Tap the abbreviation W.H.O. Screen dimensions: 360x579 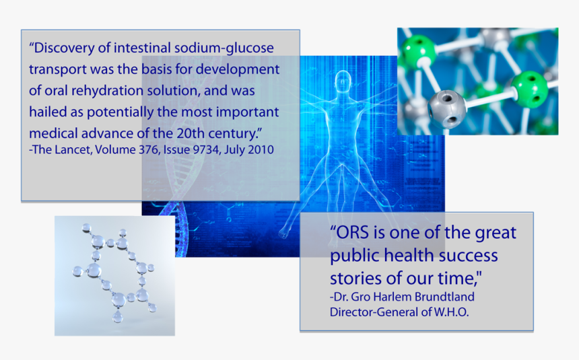(448, 312)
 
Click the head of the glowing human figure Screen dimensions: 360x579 (345, 83)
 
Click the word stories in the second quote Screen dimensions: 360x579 (353, 278)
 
